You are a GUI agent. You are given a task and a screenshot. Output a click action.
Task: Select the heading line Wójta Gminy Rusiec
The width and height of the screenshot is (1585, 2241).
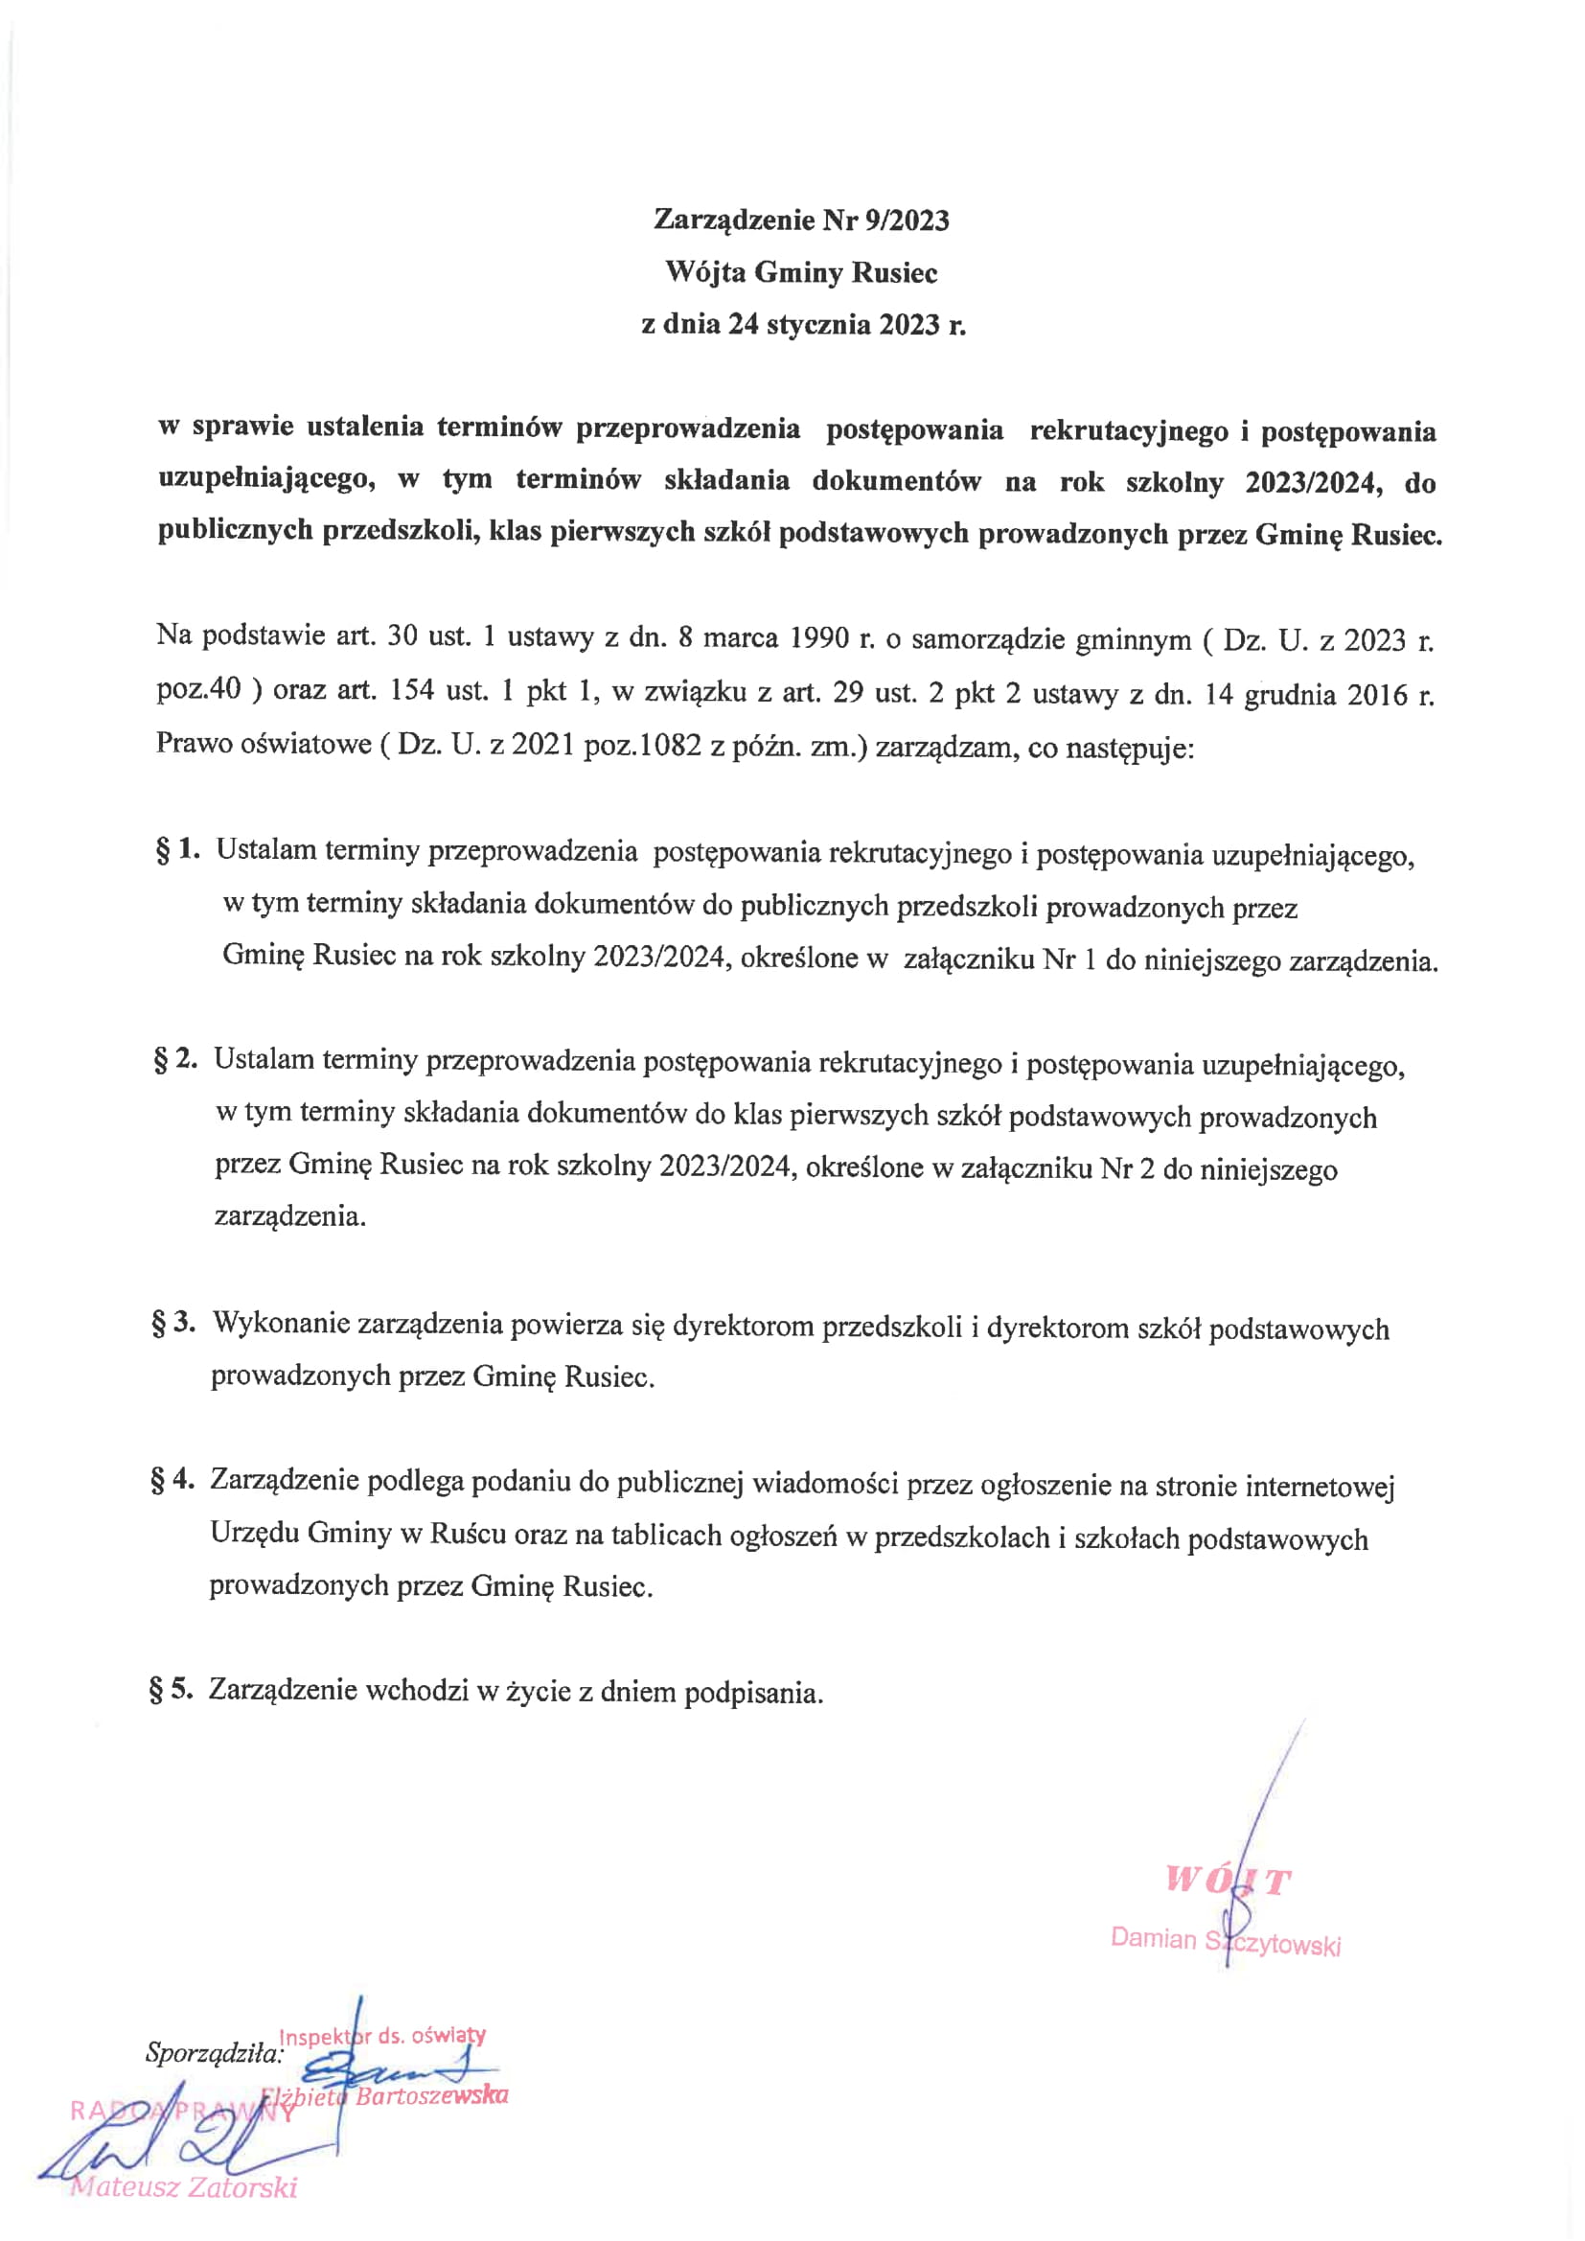tap(800, 272)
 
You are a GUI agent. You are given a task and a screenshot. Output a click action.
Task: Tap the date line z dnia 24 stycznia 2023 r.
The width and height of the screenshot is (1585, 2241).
tap(802, 324)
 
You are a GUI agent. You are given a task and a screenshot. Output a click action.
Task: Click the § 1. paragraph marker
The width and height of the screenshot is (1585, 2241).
tap(177, 850)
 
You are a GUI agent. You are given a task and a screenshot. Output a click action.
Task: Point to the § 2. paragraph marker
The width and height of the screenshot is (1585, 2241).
tap(175, 1059)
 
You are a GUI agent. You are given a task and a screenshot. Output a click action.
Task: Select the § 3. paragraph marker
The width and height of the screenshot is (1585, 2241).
tap(173, 1324)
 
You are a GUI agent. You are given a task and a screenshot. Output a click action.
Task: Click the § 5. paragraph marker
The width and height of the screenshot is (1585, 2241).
tap(172, 1689)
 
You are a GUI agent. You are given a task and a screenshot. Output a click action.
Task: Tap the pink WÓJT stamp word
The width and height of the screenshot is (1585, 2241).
tap(1228, 1880)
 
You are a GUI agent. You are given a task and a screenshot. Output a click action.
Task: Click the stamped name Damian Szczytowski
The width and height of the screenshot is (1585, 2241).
tap(1225, 1941)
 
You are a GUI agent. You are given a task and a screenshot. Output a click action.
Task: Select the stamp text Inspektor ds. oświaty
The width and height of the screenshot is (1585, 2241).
tap(381, 2036)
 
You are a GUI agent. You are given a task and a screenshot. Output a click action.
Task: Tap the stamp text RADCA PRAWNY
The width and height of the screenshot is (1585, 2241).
tap(181, 2112)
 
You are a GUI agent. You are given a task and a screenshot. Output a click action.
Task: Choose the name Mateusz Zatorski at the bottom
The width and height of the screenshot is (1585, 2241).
tap(183, 2187)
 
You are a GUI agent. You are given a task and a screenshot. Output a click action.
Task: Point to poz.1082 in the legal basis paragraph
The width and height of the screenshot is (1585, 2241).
tap(641, 746)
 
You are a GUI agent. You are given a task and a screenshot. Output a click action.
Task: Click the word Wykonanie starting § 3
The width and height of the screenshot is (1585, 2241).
tap(281, 1325)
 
